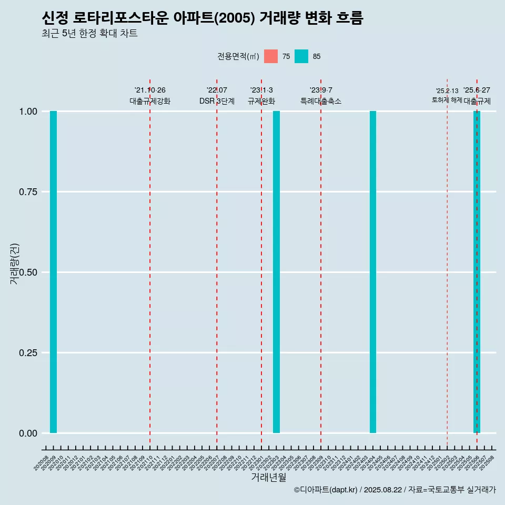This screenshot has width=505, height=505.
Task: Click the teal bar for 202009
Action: tap(53, 272)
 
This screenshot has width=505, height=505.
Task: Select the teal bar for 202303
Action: tap(276, 272)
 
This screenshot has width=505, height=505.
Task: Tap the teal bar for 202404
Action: tap(373, 272)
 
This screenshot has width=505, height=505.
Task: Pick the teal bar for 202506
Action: tap(477, 272)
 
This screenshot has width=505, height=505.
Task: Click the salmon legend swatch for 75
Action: tap(271, 56)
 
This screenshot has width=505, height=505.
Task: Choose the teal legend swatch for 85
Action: tap(301, 56)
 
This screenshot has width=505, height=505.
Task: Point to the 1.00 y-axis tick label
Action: tap(28, 112)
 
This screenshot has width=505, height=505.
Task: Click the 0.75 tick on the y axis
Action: tap(28, 192)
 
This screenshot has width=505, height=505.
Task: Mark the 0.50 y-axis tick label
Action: tap(28, 272)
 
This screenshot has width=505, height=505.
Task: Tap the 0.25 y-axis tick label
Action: tap(28, 353)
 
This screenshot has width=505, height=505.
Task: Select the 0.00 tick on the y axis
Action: tap(28, 433)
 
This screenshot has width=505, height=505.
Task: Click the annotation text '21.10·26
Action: tap(150, 90)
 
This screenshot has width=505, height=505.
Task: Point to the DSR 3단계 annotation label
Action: tap(217, 101)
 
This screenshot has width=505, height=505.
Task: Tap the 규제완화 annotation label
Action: tap(261, 101)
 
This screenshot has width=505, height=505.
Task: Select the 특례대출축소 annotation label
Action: tap(321, 101)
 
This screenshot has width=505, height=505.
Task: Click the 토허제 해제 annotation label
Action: tap(447, 100)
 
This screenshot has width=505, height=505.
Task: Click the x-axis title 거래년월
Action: tap(269, 477)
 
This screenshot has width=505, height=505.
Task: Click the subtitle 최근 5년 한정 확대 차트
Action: tap(89, 34)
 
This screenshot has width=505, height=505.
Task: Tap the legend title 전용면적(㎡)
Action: tap(238, 56)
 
